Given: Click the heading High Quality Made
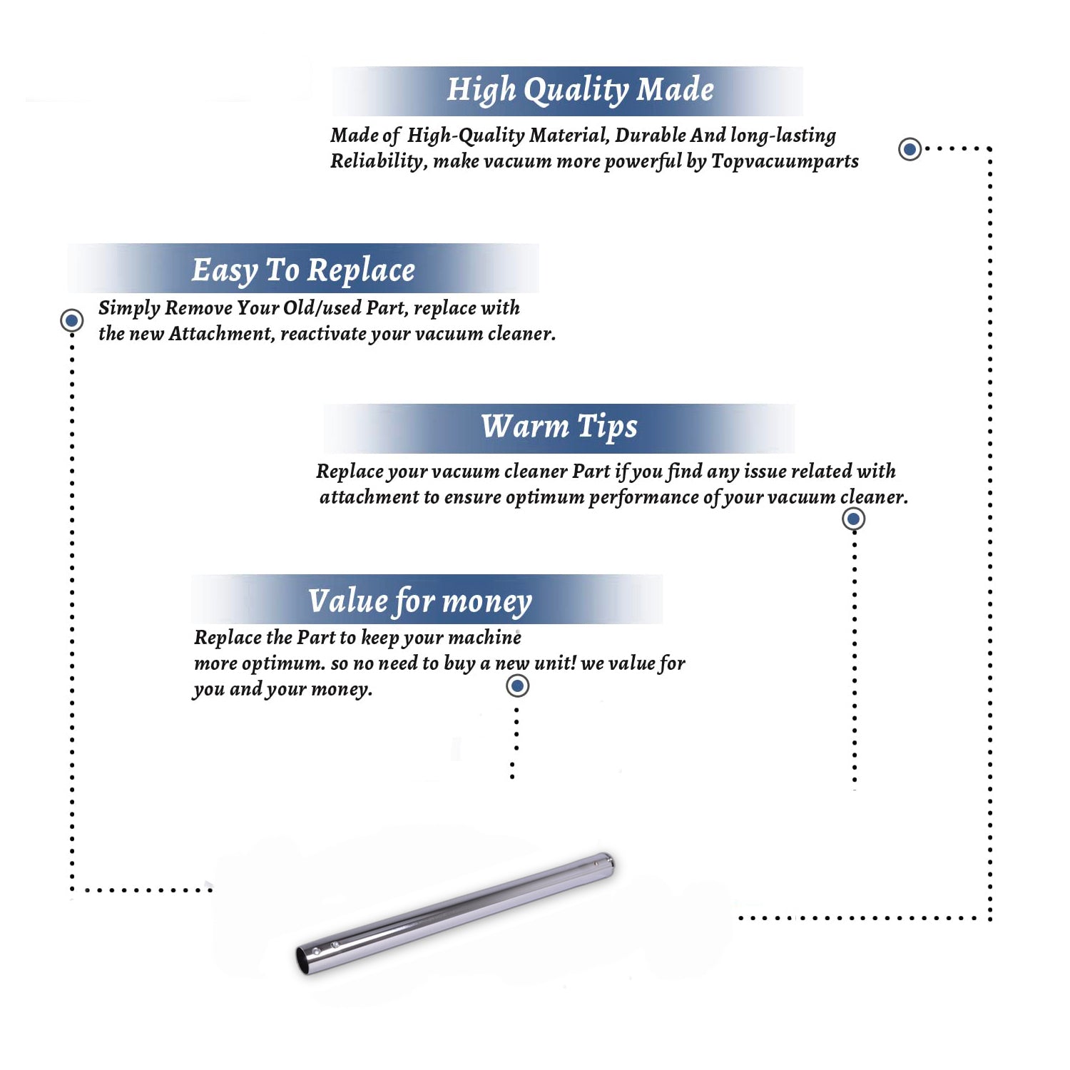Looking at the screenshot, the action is click(x=580, y=91).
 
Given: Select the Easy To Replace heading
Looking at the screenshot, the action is click(x=303, y=270).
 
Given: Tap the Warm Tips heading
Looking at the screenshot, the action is click(x=559, y=427).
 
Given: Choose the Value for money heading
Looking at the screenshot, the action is click(x=420, y=601).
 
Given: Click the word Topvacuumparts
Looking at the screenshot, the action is click(x=785, y=162).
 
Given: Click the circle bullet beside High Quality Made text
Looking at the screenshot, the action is click(x=909, y=149).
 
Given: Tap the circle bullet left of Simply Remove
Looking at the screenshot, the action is click(x=71, y=320).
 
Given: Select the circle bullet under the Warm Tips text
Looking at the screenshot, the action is click(x=854, y=519).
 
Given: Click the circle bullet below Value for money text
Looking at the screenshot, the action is click(x=517, y=686).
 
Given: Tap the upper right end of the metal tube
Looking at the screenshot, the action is click(x=607, y=861).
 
